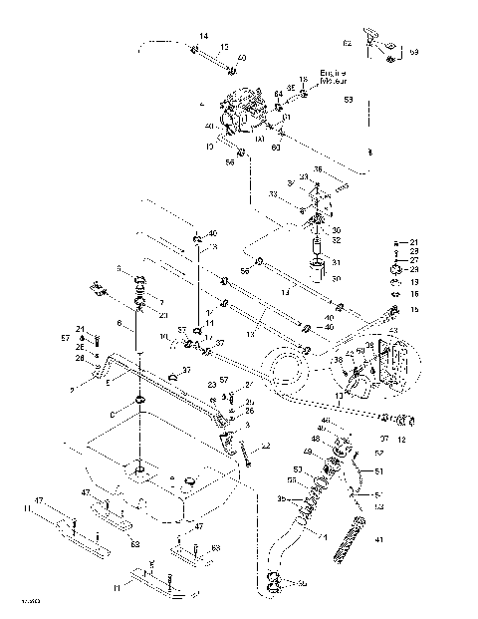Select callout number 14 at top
tap(203, 37)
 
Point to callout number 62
tap(347, 44)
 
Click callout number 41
tap(377, 541)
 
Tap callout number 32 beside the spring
tap(336, 240)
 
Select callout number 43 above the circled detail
tap(392, 331)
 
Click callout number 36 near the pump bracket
tap(319, 168)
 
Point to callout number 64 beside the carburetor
tap(279, 94)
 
